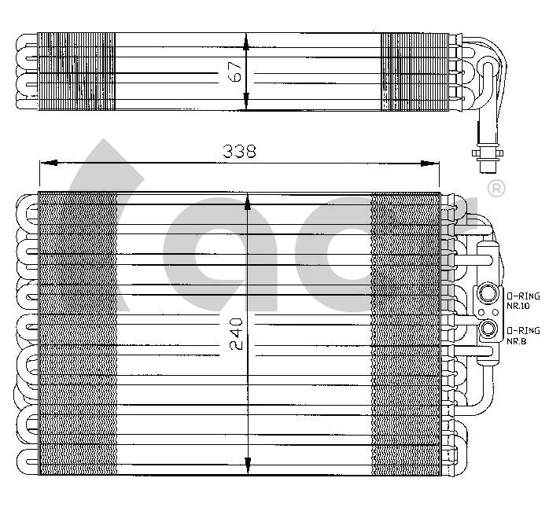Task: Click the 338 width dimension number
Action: point(239,152)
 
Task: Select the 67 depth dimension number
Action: point(234,72)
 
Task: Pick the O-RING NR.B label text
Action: point(523,335)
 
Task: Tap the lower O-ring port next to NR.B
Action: point(489,329)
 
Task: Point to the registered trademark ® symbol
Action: point(496,189)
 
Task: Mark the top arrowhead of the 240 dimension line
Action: point(248,202)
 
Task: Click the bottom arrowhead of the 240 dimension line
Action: point(248,463)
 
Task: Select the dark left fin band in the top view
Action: point(76,72)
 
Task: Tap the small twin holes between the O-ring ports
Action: point(480,312)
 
